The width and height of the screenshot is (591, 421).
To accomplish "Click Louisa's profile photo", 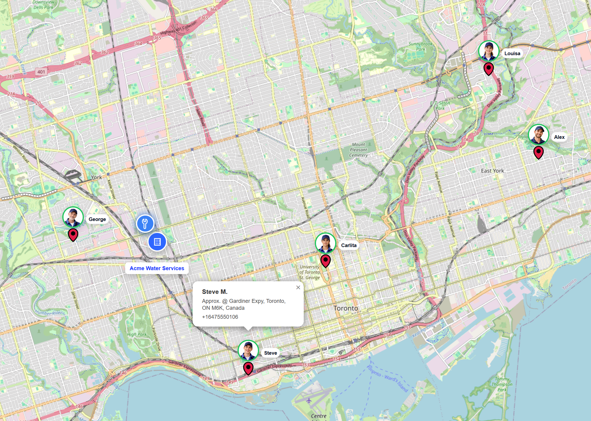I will (x=489, y=51).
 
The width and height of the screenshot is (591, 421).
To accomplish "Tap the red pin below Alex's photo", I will (x=538, y=152).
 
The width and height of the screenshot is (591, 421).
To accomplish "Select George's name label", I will (x=97, y=219).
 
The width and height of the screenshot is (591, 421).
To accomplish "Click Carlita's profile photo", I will (x=326, y=243).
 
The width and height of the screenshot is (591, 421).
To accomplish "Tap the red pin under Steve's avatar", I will (x=248, y=368).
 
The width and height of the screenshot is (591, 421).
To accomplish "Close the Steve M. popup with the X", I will (x=298, y=287).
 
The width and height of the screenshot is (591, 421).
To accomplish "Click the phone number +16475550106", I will (x=220, y=317).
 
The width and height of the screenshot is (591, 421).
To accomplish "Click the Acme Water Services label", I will (x=157, y=268).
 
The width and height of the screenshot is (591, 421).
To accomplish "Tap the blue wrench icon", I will (x=145, y=223).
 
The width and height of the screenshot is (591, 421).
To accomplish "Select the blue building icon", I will (x=157, y=242).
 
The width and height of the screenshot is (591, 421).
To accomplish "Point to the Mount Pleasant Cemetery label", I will (x=359, y=150).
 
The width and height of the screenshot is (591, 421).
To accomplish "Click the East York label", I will (x=492, y=171).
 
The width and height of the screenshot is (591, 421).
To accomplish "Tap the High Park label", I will (x=137, y=334).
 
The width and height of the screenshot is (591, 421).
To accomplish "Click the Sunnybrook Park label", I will (x=421, y=46).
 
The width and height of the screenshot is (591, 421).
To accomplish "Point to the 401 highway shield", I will (x=41, y=72).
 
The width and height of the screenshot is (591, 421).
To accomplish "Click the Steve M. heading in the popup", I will (x=215, y=292).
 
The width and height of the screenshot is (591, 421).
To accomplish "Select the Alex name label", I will (x=559, y=137).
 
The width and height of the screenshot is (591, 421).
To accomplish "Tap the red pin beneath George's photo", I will (x=73, y=234).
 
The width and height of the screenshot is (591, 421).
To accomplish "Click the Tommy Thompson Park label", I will (x=502, y=384).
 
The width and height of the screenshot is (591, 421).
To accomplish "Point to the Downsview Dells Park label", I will (x=43, y=5).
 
